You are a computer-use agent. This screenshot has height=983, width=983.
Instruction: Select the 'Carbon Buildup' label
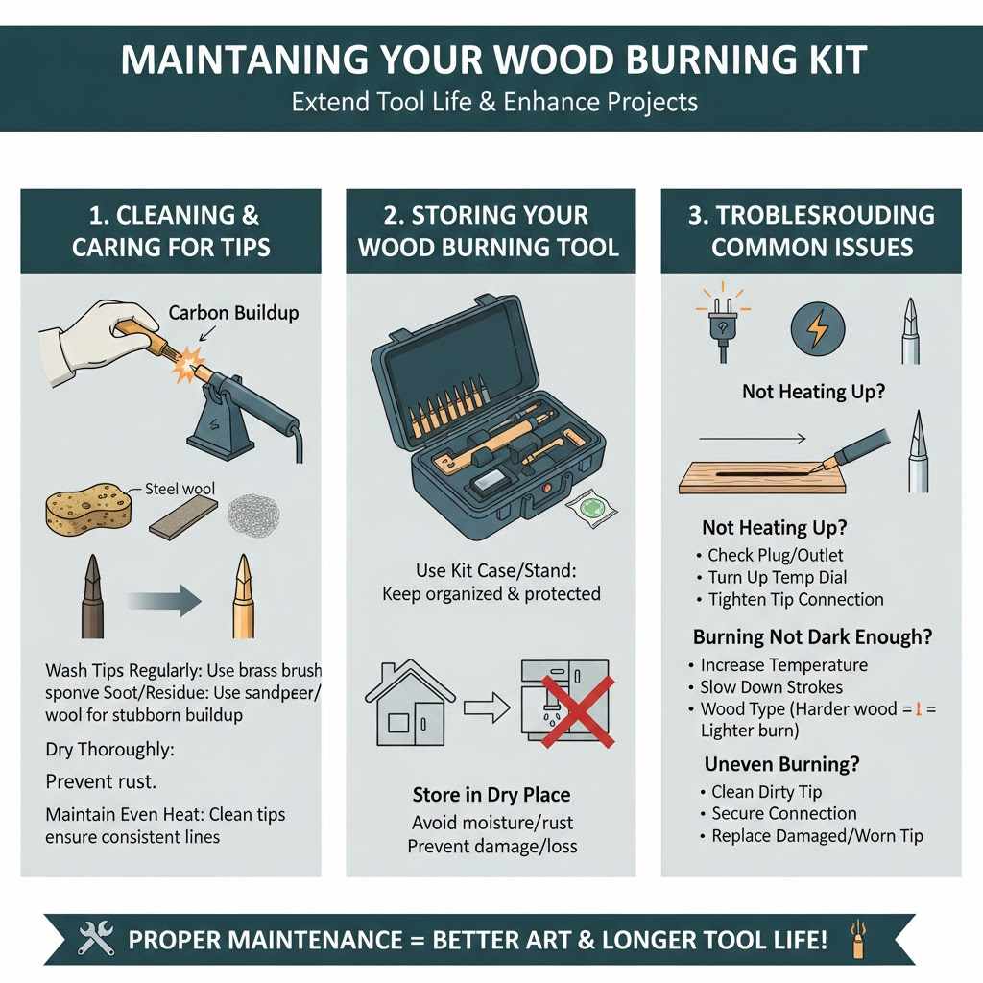[x=233, y=313]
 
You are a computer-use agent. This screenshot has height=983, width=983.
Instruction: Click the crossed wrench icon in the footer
[x=96, y=938]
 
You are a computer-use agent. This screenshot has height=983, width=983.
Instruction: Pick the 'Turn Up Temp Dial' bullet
[x=777, y=577]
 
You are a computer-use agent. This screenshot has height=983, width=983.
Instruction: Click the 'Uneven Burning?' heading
[x=781, y=764]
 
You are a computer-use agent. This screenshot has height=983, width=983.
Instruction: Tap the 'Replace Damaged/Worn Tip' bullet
[x=817, y=836]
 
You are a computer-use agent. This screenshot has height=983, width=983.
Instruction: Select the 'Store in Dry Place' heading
[x=491, y=795]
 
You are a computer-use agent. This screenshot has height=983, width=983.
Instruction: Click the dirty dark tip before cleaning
[x=94, y=597]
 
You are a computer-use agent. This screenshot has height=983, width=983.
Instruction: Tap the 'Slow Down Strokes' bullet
[x=771, y=687]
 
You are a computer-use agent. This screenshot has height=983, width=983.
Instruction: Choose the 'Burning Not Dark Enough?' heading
[x=812, y=637]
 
